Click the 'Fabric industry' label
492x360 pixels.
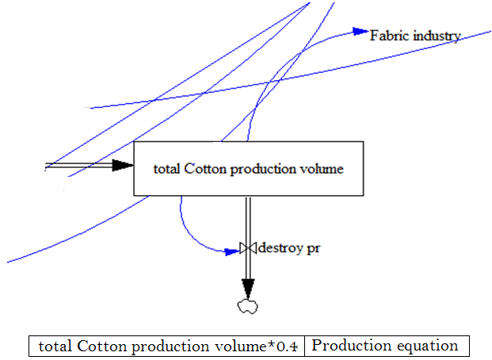point(415,36)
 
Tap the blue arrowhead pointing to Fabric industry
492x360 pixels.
point(361,33)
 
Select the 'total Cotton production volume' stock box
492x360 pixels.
point(249,167)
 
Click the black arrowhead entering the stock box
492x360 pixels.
point(122,165)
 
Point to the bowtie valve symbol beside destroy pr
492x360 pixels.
point(249,249)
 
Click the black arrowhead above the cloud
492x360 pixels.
point(249,287)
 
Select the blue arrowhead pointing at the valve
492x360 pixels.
point(233,251)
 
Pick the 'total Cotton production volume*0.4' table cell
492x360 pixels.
point(167,347)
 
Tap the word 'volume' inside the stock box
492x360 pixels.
point(322,168)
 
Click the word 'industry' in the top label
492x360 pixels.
point(434,36)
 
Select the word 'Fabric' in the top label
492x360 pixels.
point(388,36)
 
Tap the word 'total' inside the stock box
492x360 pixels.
point(168,168)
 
